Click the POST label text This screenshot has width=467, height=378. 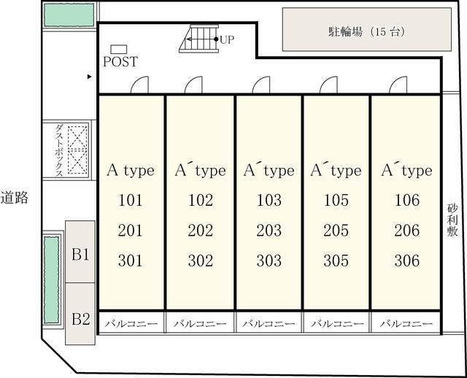(x=120, y=62)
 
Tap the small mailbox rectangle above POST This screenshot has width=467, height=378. (x=118, y=48)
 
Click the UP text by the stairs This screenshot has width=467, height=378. (x=227, y=39)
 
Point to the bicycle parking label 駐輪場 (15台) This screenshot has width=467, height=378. (x=366, y=32)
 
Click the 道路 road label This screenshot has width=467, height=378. (x=15, y=197)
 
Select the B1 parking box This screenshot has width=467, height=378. (x=80, y=255)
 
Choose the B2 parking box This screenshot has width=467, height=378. (x=80, y=318)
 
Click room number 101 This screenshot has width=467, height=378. (x=131, y=201)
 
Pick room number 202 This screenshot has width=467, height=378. (x=200, y=201)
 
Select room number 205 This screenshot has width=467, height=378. (x=336, y=231)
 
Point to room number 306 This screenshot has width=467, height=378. (x=406, y=261)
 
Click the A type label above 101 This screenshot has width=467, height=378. (x=131, y=171)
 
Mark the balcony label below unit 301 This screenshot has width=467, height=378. (x=131, y=323)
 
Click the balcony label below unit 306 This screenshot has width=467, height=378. (x=406, y=323)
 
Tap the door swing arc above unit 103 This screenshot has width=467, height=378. (x=263, y=85)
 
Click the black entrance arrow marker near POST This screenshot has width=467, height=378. (x=90, y=76)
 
